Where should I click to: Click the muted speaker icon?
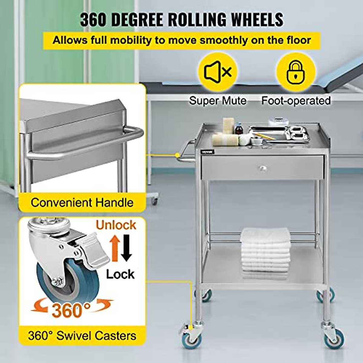tap(217, 72)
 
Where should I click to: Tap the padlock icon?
tap(296, 72)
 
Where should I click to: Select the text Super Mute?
tap(218, 100)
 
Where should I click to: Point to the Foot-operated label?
tap(296, 100)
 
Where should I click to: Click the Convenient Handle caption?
tap(82, 202)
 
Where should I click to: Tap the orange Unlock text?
tap(116, 225)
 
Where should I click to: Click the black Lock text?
tap(120, 274)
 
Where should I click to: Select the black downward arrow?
tap(126, 248)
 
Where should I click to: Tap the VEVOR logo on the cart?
tap(208, 152)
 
